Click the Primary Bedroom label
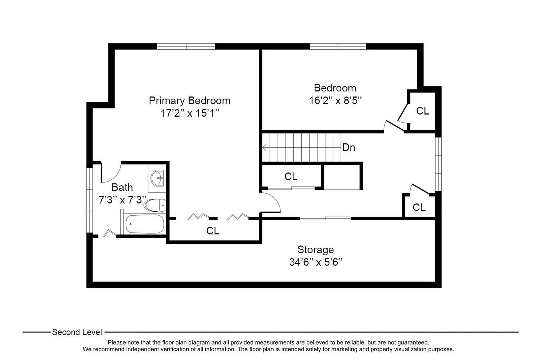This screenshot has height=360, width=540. (189, 100)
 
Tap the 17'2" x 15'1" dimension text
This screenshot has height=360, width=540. (190, 113)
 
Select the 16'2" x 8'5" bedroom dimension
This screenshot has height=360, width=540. (335, 100)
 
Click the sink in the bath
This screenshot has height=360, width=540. (157, 178)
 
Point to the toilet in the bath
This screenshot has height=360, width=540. (155, 205)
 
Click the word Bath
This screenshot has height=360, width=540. (122, 187)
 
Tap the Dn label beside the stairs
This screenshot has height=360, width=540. (348, 147)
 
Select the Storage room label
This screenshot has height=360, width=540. (316, 250)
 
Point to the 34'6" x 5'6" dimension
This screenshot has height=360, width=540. (316, 262)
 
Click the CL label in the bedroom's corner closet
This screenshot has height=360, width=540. (423, 111)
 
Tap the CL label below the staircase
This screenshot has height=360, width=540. (291, 176)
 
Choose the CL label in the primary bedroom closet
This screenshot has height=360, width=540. (213, 231)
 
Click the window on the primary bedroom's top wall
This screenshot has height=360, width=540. (186, 46)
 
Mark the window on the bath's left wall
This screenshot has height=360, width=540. (89, 200)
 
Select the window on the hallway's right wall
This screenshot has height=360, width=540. (438, 164)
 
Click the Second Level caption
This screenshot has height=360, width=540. (77, 332)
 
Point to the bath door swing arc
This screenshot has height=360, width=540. (113, 176)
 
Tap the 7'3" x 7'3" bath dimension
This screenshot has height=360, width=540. (122, 200)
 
